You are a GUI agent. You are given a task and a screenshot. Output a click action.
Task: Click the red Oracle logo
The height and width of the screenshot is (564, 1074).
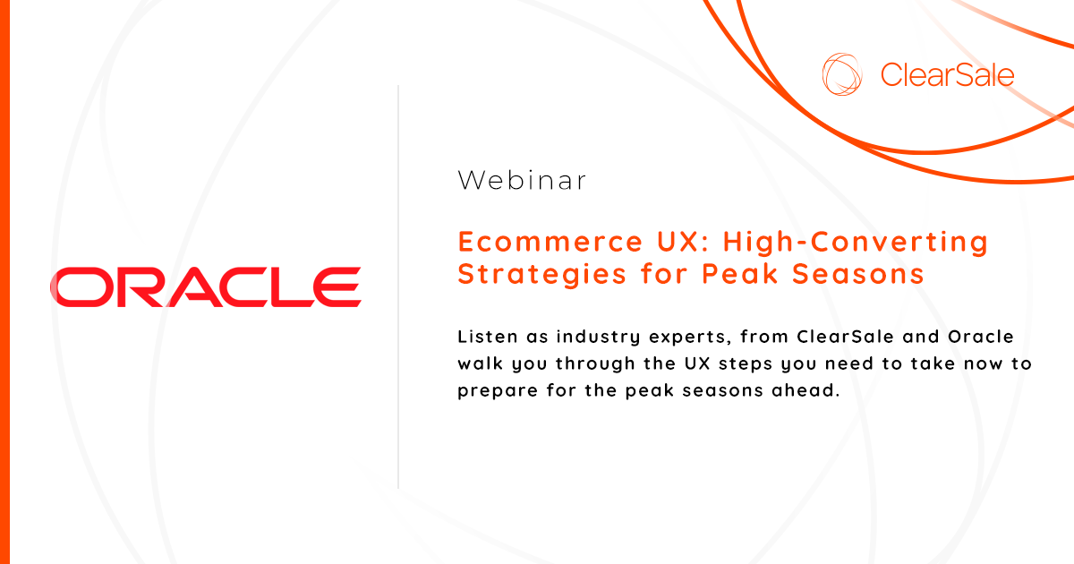click(x=205, y=286)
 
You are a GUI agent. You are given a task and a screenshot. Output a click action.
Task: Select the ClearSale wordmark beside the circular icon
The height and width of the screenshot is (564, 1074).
click(x=947, y=74)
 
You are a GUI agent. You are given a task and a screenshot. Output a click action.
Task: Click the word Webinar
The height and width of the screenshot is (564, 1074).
click(x=522, y=181)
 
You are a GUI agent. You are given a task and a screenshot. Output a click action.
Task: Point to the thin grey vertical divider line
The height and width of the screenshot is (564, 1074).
click(x=398, y=286)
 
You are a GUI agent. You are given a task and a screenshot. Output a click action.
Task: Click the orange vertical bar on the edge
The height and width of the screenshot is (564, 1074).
click(x=4, y=282)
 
